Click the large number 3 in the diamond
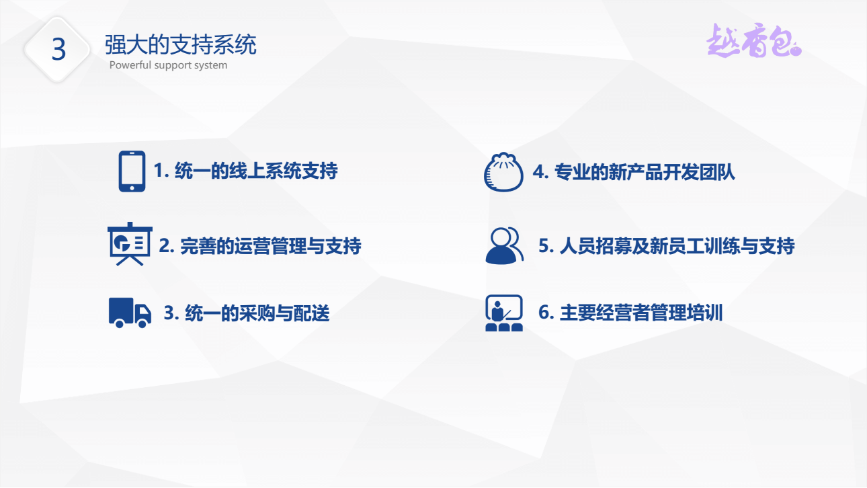[58, 50]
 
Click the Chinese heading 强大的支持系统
[180, 44]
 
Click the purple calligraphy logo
[753, 40]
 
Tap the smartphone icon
[132, 171]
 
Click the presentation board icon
[130, 244]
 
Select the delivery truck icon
[130, 313]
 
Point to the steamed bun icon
[503, 172]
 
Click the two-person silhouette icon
[504, 246]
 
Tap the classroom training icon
[504, 313]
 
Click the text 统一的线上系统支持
[256, 171]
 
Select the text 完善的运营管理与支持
[271, 246]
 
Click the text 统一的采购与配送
[257, 313]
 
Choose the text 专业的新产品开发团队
[645, 172]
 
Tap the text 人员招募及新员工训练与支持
[677, 246]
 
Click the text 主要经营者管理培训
[641, 313]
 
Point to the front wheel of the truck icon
[142, 323]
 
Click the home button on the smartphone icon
[132, 188]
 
